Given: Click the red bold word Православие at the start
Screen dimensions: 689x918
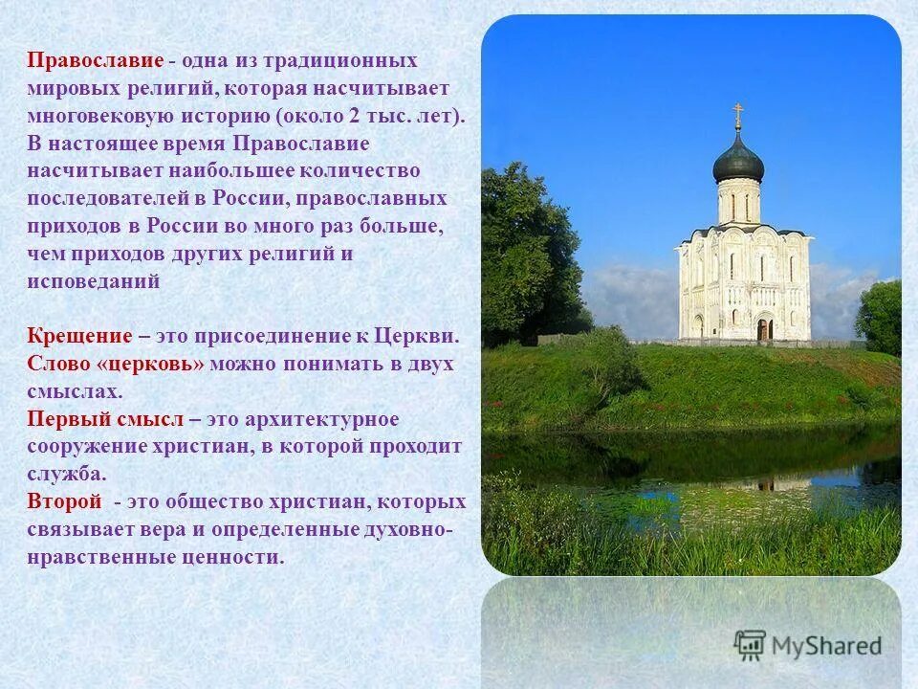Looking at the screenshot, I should point(96,60).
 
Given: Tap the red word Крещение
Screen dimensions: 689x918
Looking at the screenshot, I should point(79,336).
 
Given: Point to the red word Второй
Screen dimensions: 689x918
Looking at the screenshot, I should point(64,501).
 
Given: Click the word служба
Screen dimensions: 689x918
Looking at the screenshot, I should point(67,474).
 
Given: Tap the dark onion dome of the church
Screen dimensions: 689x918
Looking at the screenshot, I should point(737,161).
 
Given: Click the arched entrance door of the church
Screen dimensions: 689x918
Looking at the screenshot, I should point(764,329).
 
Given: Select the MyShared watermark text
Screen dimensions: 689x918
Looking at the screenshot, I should point(827,645).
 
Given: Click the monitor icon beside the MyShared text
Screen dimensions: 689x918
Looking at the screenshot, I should point(750,645).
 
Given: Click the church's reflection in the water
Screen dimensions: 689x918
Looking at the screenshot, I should point(755,483).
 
